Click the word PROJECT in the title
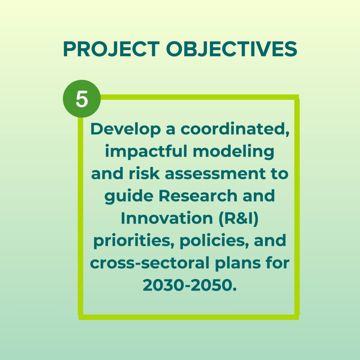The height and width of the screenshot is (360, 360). pos(111,49)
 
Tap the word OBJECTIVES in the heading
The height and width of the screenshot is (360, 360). pos(231,49)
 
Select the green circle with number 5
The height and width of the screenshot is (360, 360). pos(82,99)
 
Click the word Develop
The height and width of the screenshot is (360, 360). pos(126,130)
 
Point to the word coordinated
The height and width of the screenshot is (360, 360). pos(235,129)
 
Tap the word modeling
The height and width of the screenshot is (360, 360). pos(234,152)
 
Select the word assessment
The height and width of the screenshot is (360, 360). pos(215,174)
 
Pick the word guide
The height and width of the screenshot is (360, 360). pos(129,197)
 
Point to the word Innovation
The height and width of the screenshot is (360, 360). pos(167,218)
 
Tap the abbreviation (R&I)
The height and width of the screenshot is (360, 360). pos(239,219)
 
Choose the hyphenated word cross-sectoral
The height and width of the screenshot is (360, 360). pos(150,263)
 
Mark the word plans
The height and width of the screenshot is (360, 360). pos(238,264)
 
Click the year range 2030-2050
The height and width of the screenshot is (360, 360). pos(190,285)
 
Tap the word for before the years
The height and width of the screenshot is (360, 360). pos(278,263)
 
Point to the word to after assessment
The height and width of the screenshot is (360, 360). pos(280,174)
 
